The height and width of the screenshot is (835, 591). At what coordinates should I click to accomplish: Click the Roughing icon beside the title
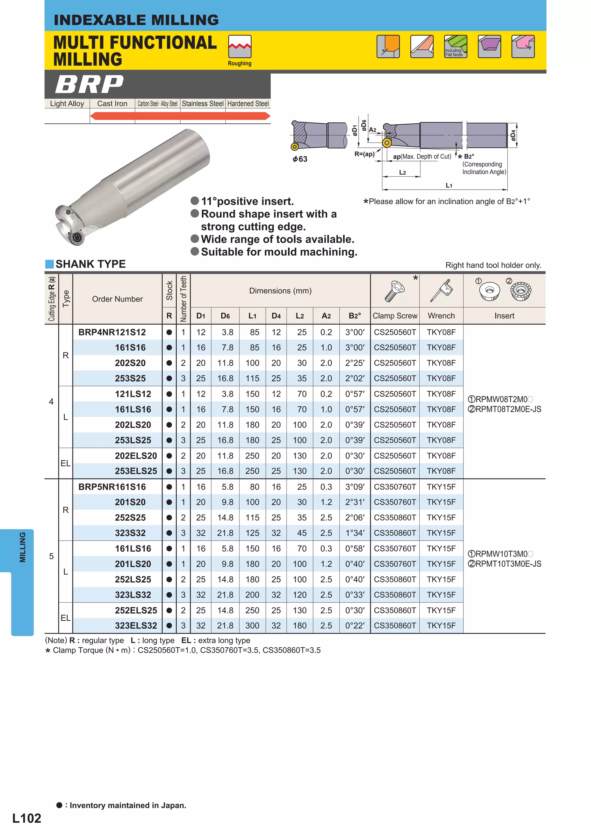point(240,47)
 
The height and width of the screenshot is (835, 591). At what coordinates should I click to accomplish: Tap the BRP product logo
point(89,84)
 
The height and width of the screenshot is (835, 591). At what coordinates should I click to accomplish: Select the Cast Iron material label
point(112,104)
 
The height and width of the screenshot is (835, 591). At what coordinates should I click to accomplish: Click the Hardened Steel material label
point(248,104)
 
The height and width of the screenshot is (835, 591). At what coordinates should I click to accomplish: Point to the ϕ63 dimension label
point(300,159)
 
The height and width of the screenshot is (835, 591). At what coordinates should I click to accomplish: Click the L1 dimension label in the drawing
point(449,185)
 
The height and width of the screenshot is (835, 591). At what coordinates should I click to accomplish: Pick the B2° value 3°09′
point(355,487)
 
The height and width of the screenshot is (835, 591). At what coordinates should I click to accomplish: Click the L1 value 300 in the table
point(252,625)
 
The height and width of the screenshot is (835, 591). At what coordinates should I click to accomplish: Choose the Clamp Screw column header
point(395,316)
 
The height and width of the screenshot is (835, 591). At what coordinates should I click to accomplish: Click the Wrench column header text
point(441,316)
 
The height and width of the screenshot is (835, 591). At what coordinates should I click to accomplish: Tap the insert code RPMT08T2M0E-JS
point(508,409)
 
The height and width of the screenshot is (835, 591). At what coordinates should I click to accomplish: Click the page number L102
point(27,818)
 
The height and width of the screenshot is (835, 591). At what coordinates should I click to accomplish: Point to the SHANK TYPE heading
point(90,264)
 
